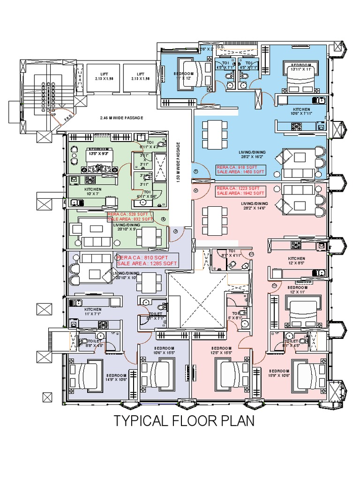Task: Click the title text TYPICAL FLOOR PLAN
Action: pyautogui.click(x=184, y=421)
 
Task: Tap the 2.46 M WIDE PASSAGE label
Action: pyautogui.click(x=120, y=118)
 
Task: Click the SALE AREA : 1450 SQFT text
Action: pyautogui.click(x=240, y=172)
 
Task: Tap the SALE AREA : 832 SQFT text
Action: pyautogui.click(x=131, y=219)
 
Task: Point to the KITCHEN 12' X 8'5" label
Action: pyautogui.click(x=297, y=261)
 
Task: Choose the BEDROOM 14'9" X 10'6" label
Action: pyautogui.click(x=116, y=378)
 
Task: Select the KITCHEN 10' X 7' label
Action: pyautogui.click(x=93, y=192)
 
